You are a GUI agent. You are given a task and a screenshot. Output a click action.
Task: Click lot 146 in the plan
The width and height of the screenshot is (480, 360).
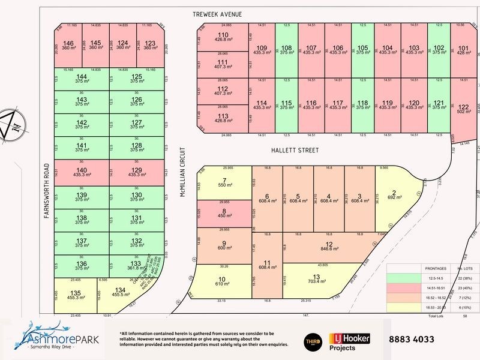click(68, 46)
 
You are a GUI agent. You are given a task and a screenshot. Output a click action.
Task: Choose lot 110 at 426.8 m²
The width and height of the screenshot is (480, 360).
click(223, 38)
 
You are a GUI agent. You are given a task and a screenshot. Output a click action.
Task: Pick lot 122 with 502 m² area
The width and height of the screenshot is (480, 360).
click(463, 110)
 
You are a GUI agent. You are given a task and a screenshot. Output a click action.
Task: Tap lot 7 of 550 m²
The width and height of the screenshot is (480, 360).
click(223, 184)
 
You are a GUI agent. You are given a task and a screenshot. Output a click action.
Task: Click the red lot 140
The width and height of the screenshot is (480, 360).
click(82, 172)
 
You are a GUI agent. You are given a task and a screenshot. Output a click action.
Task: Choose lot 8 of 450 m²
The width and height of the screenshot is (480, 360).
click(223, 214)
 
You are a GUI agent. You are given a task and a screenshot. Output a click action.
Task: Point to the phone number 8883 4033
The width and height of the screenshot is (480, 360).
click(411, 339)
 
